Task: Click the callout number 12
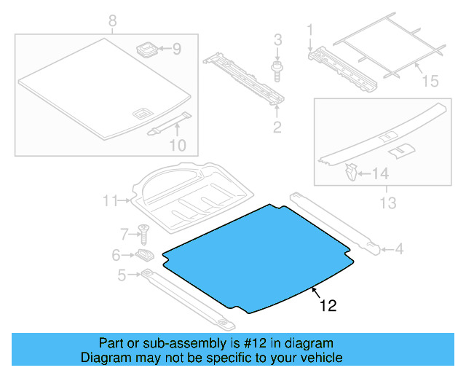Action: point(328,307)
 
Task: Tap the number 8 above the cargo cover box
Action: point(112,22)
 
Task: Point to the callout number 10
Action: point(178,145)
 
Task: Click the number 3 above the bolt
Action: point(277,38)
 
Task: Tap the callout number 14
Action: point(382,174)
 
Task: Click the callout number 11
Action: point(110,200)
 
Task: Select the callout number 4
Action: point(398,250)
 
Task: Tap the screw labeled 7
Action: point(144,233)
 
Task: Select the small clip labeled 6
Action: point(144,255)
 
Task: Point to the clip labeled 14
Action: point(352,173)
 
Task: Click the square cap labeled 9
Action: point(146,50)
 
